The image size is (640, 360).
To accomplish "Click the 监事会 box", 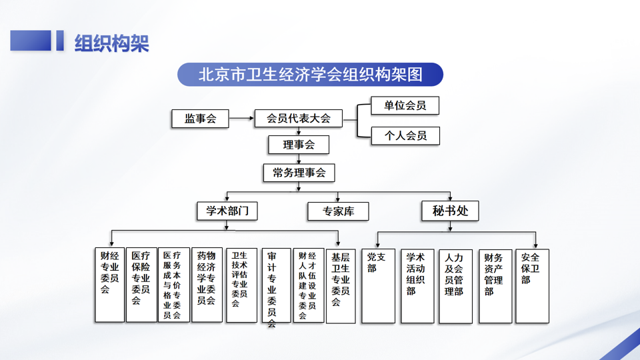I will tap(200, 119).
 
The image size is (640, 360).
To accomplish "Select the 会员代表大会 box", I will tap(298, 119).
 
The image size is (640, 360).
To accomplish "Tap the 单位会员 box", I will tap(405, 105).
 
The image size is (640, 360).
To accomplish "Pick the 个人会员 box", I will tap(405, 136).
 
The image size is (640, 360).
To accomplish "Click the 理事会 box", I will tap(298, 145).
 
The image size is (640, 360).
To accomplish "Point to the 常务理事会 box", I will tap(299, 173).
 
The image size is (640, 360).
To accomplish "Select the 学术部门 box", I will tap(227, 211).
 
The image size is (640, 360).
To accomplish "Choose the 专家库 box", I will tap(338, 212).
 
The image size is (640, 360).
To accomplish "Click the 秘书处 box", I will tap(451, 211).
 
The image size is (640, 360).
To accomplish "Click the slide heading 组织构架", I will tap(111, 43).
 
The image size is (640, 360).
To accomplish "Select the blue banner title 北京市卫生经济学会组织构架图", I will tap(310, 75).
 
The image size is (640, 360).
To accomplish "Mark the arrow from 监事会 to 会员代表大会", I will tap(241, 119).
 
